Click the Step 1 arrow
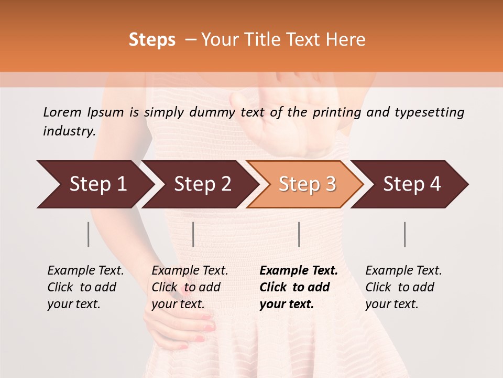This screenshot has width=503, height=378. click(97, 184)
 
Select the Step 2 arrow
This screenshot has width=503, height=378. click(202, 184)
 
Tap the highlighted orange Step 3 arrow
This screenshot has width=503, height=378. click(307, 184)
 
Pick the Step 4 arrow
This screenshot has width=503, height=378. click(411, 184)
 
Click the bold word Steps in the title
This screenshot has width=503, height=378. click(152, 40)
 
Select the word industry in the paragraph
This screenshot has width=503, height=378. click(69, 131)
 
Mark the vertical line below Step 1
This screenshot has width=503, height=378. click(89, 234)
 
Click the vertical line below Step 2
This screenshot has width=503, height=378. click(193, 234)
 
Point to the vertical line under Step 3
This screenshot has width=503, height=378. click(299, 234)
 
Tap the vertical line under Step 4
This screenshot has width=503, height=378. click(404, 234)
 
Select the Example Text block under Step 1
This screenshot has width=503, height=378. click(85, 287)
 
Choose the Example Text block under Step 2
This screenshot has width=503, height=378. click(190, 287)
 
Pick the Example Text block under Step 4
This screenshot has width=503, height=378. click(403, 287)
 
